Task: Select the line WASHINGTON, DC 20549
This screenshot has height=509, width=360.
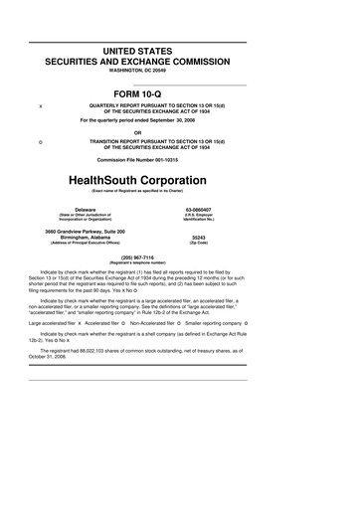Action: [x=179, y=70]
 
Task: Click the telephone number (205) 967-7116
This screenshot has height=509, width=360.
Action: [x=179, y=255]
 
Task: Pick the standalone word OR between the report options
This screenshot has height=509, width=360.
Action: [x=179, y=133]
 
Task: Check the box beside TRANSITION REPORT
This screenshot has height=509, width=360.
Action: [x=40, y=144]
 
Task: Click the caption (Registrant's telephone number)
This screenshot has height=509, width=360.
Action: [x=179, y=261]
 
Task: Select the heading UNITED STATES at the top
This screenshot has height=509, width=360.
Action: [x=179, y=49]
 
